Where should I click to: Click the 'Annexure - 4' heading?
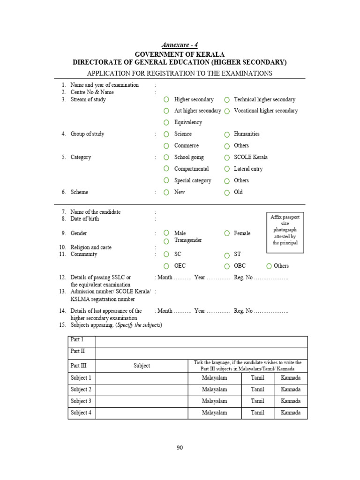[180, 45]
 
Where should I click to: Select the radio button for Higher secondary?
[166, 100]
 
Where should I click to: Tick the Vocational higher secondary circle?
[227, 111]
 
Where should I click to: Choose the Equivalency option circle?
[166, 123]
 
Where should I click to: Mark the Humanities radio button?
[227, 135]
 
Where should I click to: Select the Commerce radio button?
[166, 146]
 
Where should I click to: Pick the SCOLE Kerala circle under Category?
[227, 157]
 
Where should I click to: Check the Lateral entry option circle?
[227, 169]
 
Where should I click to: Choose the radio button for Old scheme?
[227, 192]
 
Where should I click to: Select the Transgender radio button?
[166, 241]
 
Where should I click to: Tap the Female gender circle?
[227, 233]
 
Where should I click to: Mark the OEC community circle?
[166, 266]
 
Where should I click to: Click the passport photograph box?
[285, 230]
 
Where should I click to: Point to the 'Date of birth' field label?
[85, 219]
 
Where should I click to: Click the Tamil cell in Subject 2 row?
[257, 390]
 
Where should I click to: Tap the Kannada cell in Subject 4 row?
[291, 413]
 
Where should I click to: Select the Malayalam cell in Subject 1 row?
[214, 378]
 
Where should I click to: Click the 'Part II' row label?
[77, 351]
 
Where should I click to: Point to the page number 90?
[180, 448]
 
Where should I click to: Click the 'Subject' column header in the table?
[142, 366]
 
